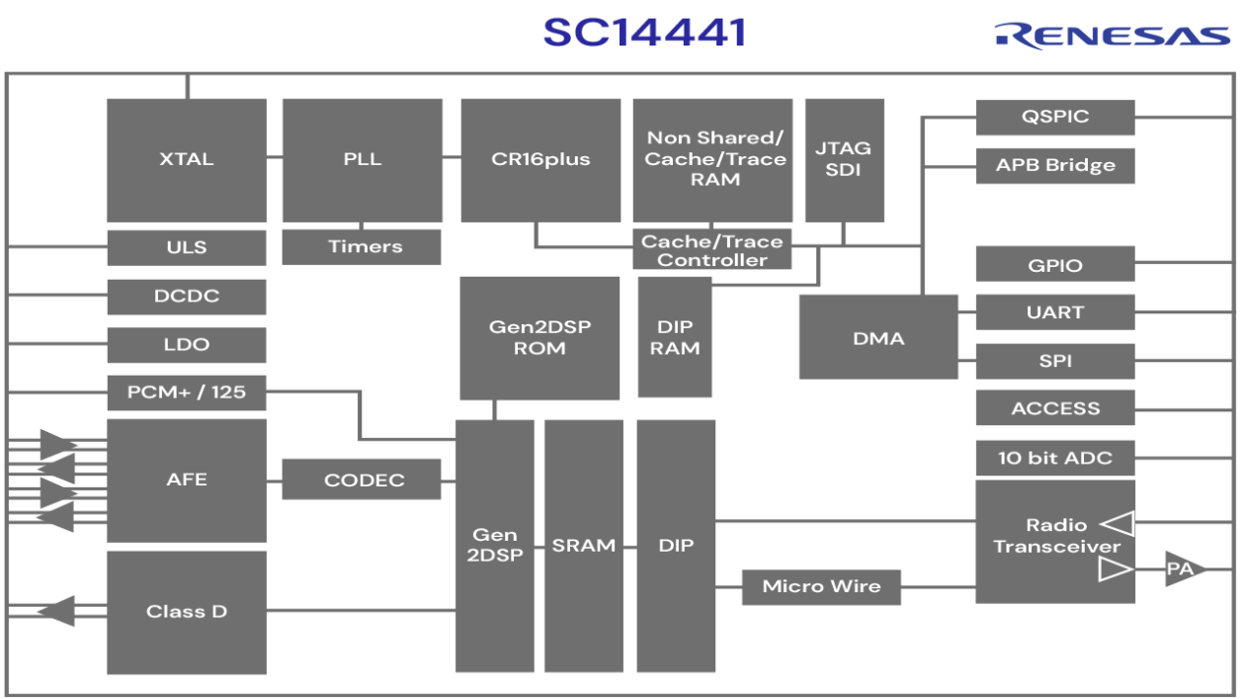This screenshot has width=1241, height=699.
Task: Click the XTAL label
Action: tap(186, 159)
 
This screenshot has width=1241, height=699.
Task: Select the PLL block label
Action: tap(362, 159)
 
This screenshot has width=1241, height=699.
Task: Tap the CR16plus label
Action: tap(540, 159)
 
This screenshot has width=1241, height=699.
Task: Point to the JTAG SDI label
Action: tap(843, 158)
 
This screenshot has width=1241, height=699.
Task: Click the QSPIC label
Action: tap(1055, 117)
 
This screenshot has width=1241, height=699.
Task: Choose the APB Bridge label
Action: tap(1055, 165)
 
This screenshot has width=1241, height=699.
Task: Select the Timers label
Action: tap(365, 246)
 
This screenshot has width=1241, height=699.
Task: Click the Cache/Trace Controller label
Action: tap(711, 251)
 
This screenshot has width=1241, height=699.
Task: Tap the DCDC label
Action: tap(186, 296)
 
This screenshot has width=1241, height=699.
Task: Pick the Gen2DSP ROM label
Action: tap(539, 337)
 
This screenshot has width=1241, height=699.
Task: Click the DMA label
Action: tap(878, 338)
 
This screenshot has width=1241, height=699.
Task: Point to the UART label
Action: tap(1055, 312)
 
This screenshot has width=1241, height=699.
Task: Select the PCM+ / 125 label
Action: tap(186, 392)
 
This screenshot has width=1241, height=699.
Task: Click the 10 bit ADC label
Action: tap(1055, 458)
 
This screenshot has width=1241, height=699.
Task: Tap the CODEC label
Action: tap(364, 481)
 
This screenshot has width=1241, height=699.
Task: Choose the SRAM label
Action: tap(583, 546)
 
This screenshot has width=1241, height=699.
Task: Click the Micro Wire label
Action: tap(821, 586)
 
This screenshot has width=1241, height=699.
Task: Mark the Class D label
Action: tap(186, 611)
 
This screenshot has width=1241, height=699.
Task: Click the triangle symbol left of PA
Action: tap(1114, 569)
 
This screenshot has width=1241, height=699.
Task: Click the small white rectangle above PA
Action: tap(1203, 510)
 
